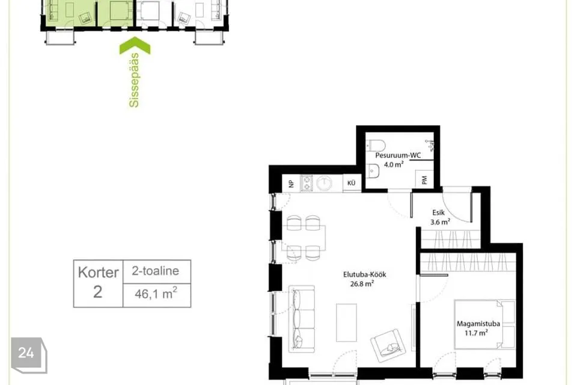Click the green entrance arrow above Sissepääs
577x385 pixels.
pyautogui.click(x=135, y=45)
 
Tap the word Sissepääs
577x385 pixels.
pyautogui.click(x=134, y=80)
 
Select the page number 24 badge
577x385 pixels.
pyautogui.click(x=29, y=355)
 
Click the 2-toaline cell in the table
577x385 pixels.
pyautogui.click(x=156, y=271)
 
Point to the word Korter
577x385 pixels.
pyautogui.click(x=98, y=273)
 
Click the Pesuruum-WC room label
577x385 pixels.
pyautogui.click(x=398, y=155)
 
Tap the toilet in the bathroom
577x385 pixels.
pyautogui.click(x=376, y=145)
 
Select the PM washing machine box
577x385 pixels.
pyautogui.click(x=424, y=179)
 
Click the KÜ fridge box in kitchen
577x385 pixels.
pyautogui.click(x=352, y=183)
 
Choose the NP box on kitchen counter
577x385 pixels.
pyautogui.click(x=291, y=183)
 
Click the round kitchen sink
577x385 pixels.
pyautogui.click(x=324, y=183)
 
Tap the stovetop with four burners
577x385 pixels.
pyautogui.click(x=307, y=183)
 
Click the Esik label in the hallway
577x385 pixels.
pyautogui.click(x=438, y=212)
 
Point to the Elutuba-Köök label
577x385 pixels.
pyautogui.click(x=364, y=274)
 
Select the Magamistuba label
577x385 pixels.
pyautogui.click(x=478, y=324)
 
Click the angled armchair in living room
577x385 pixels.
pyautogui.click(x=388, y=345)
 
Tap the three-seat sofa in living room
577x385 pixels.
pyautogui.click(x=301, y=319)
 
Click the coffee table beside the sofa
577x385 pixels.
pyautogui.click(x=346, y=322)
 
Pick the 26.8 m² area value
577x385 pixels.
pyautogui.click(x=362, y=284)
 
